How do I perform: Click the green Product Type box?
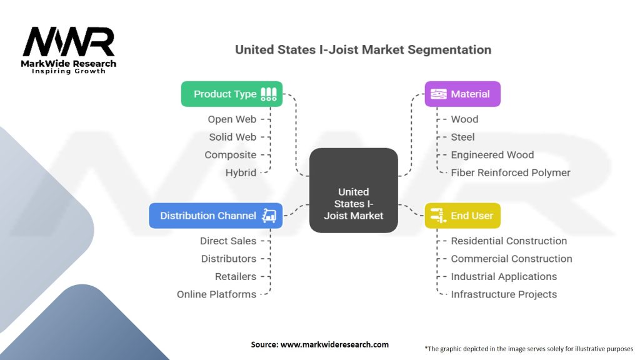pyautogui.click(x=231, y=94)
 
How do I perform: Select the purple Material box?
pyautogui.click(x=462, y=94)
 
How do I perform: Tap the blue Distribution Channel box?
pyautogui.click(x=215, y=216)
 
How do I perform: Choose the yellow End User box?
pyautogui.click(x=462, y=216)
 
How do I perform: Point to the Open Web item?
pyautogui.click(x=232, y=119)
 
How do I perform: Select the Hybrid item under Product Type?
pyautogui.click(x=241, y=172)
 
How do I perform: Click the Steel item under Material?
pyautogui.click(x=462, y=137)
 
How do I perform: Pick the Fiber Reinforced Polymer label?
pyautogui.click(x=510, y=172)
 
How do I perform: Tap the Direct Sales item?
pyautogui.click(x=227, y=241)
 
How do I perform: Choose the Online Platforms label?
pyautogui.click(x=216, y=294)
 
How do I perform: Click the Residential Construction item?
pyautogui.click(x=509, y=241)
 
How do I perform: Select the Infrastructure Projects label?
pyautogui.click(x=504, y=294)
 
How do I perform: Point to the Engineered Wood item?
pyautogui.click(x=492, y=155)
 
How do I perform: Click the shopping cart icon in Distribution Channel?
pyautogui.click(x=269, y=216)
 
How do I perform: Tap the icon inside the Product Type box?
pyautogui.click(x=269, y=94)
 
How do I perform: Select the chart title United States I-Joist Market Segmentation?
pyautogui.click(x=362, y=49)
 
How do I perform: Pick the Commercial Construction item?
pyautogui.click(x=511, y=259)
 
